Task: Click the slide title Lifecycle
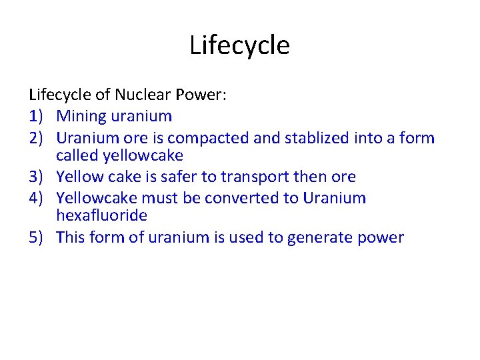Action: click(x=239, y=46)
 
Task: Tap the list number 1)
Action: click(x=37, y=116)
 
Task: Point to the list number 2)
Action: click(x=37, y=138)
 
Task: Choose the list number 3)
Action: click(x=37, y=177)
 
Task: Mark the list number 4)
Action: click(x=37, y=198)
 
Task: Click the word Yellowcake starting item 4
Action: click(x=97, y=198)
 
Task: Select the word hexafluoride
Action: click(x=101, y=215)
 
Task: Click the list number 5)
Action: click(x=37, y=237)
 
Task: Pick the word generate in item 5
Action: click(x=317, y=238)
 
